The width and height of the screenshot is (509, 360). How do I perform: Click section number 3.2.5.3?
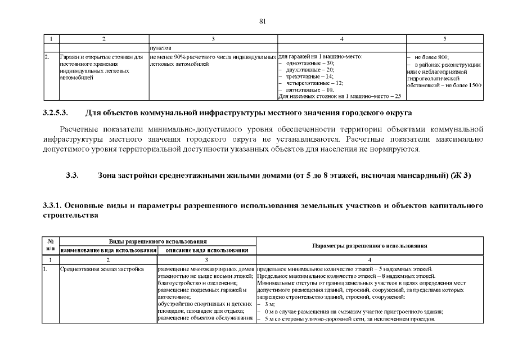(55, 113)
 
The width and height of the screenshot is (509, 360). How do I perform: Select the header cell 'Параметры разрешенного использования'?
(370, 246)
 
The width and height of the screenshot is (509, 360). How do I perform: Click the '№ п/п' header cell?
(51, 245)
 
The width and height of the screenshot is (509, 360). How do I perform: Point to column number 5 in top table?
(444, 39)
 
